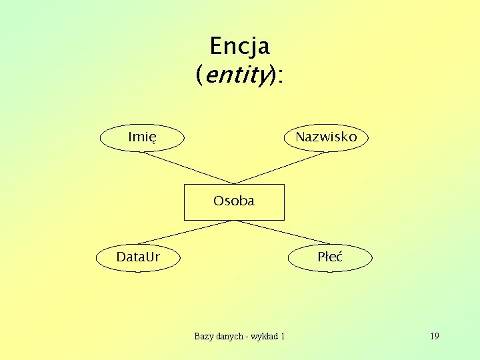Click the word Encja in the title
(x=239, y=47)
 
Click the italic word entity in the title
(x=235, y=76)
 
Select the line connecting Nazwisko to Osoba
(x=280, y=168)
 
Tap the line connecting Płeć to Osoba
(x=283, y=232)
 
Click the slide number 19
(x=435, y=336)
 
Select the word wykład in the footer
(x=264, y=336)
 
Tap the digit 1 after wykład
(x=283, y=336)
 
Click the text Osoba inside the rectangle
(x=234, y=201)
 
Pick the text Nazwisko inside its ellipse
(x=326, y=137)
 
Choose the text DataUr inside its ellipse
(x=138, y=257)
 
